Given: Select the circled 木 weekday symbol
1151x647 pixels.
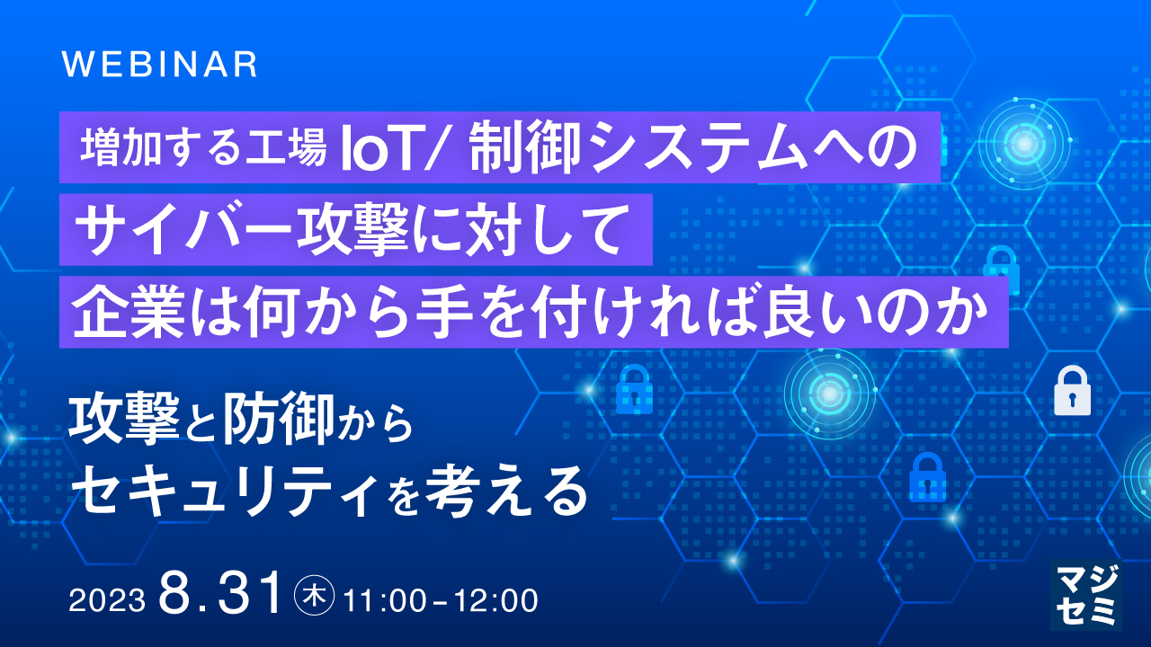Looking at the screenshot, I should (315, 596).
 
